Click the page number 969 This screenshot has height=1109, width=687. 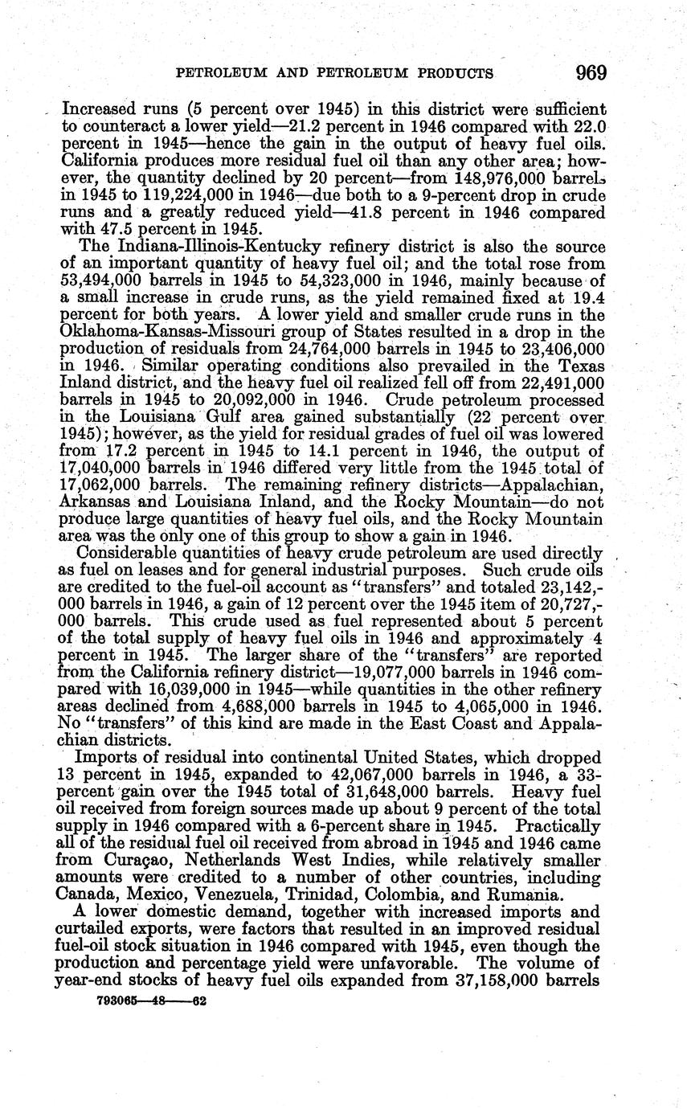pos(591,73)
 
